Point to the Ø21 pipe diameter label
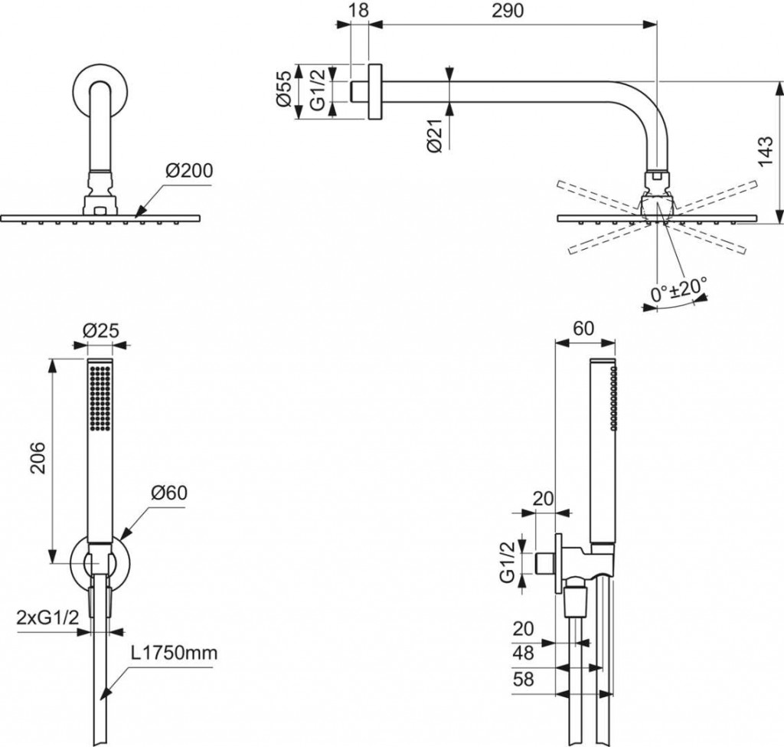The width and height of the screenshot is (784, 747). tap(436, 136)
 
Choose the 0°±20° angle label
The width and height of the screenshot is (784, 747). tap(676, 292)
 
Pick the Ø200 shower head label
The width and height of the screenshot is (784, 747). tap(187, 170)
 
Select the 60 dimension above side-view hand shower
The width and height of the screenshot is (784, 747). tap(584, 329)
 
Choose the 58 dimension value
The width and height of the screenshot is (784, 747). tap(523, 680)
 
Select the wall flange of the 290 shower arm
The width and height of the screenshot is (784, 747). tap(374, 90)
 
